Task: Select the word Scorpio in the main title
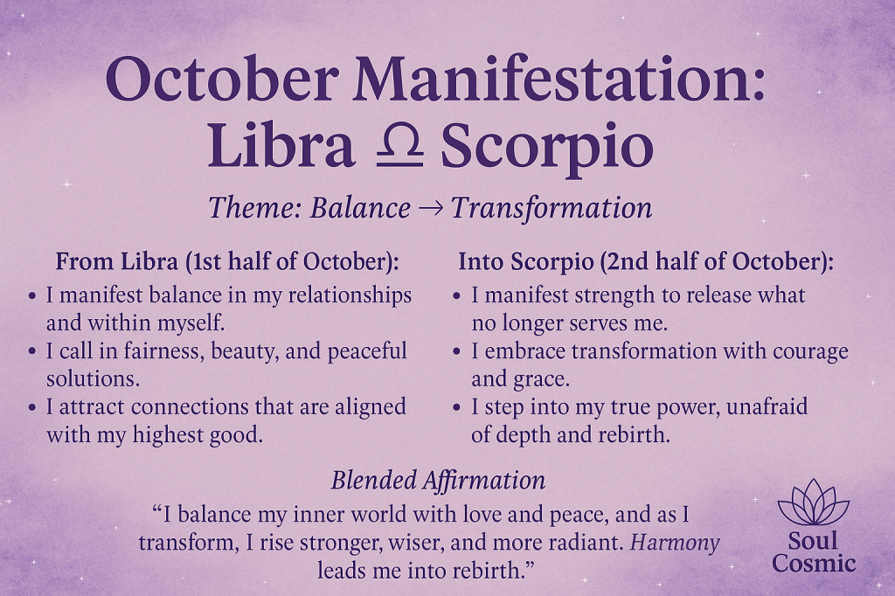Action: point(546,149)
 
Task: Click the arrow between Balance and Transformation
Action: point(431,209)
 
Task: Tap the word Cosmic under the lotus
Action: point(814,563)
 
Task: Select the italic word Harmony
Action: point(676,543)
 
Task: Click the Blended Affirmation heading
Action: point(438,480)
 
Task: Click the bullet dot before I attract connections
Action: point(32,408)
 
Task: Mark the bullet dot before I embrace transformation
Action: point(457,352)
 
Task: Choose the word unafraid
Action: point(767,407)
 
